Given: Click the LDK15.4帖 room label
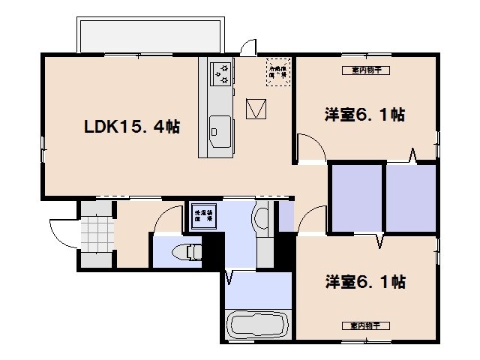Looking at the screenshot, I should (130, 127).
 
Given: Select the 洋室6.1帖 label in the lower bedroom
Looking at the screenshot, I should (365, 282).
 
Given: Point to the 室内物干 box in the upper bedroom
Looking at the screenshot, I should (365, 71).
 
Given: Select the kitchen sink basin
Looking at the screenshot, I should (220, 129).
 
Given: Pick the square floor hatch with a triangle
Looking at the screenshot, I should (257, 109).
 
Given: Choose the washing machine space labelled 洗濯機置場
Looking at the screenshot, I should (204, 214).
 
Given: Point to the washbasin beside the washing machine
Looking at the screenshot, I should (262, 218).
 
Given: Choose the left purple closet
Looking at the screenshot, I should (356, 198).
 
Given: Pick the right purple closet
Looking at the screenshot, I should (410, 198).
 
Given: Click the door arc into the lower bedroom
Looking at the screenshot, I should (309, 222).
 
